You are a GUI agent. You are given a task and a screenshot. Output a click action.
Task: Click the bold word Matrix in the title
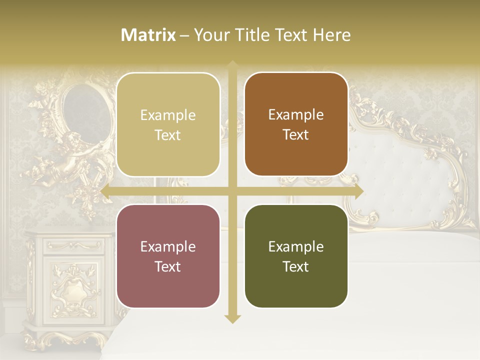click(148, 35)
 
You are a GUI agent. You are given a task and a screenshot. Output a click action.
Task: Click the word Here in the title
click(331, 35)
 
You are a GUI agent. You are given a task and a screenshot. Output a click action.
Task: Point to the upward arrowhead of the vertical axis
click(232, 65)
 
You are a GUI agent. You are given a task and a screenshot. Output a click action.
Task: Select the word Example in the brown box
click(296, 115)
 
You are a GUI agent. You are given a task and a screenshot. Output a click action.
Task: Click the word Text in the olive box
click(296, 267)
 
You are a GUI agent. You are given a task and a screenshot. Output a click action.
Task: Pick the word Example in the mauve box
click(168, 247)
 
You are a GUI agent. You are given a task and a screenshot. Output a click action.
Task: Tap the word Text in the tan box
click(168, 135)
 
